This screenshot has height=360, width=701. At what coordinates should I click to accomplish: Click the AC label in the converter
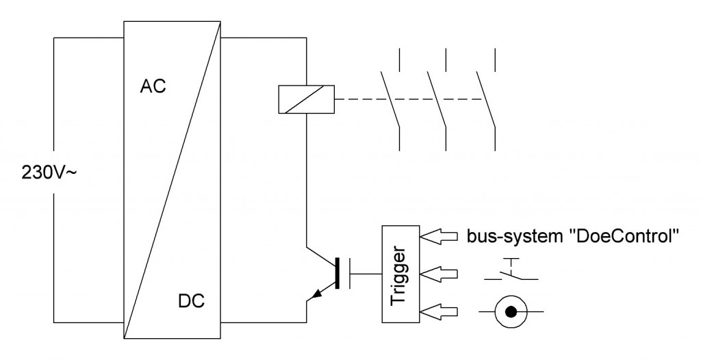coord(153,86)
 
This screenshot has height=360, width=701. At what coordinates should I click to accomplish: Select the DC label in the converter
coord(192,301)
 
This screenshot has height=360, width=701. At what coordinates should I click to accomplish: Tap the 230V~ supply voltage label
coord(49,172)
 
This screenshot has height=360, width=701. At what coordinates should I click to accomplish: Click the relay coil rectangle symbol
coord(306,99)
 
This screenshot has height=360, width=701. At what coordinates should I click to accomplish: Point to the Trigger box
coord(400,274)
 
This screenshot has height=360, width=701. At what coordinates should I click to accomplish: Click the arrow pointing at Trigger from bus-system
coord(439,236)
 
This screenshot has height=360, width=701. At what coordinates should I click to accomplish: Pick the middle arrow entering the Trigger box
coord(439,274)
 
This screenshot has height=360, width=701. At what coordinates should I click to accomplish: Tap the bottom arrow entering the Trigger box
coord(439,311)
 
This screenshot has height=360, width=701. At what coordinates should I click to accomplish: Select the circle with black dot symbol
coord(511,311)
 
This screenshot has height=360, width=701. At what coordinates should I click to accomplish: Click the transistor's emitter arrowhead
coord(318,294)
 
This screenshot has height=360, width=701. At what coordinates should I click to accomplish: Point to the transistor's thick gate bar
coord(337,274)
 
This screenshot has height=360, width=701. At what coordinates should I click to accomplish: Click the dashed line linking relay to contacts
coord(409,99)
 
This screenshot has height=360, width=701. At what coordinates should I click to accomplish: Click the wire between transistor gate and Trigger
coord(366,274)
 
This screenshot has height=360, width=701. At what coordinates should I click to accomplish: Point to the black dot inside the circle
coord(511,311)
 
